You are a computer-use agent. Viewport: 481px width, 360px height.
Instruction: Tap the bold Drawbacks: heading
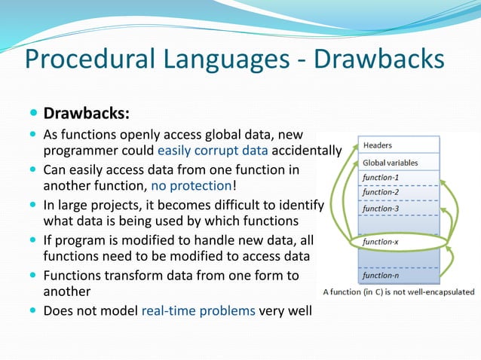[x=87, y=114]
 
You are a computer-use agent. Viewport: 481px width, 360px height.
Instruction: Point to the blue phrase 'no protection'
[x=190, y=185]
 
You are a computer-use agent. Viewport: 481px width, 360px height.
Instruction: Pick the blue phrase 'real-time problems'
[x=198, y=310]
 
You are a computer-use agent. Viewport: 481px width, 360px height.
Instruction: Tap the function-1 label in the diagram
[x=381, y=178]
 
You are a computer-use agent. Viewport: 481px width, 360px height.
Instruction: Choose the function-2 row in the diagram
[x=381, y=192]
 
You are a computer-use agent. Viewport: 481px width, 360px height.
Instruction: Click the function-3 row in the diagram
[x=381, y=208]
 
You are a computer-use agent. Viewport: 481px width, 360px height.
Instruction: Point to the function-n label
[x=381, y=275]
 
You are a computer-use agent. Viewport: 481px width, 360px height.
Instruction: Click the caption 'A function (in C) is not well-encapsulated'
[x=399, y=291]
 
